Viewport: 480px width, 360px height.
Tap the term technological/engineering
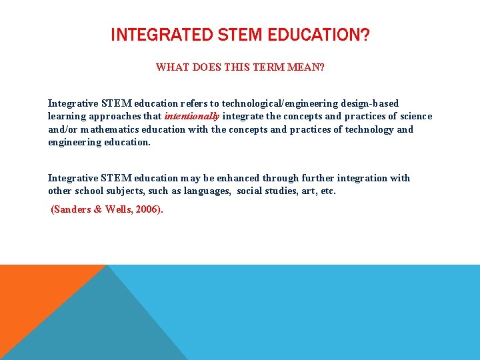[x=279, y=103]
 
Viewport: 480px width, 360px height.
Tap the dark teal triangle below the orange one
[x=87, y=327]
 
